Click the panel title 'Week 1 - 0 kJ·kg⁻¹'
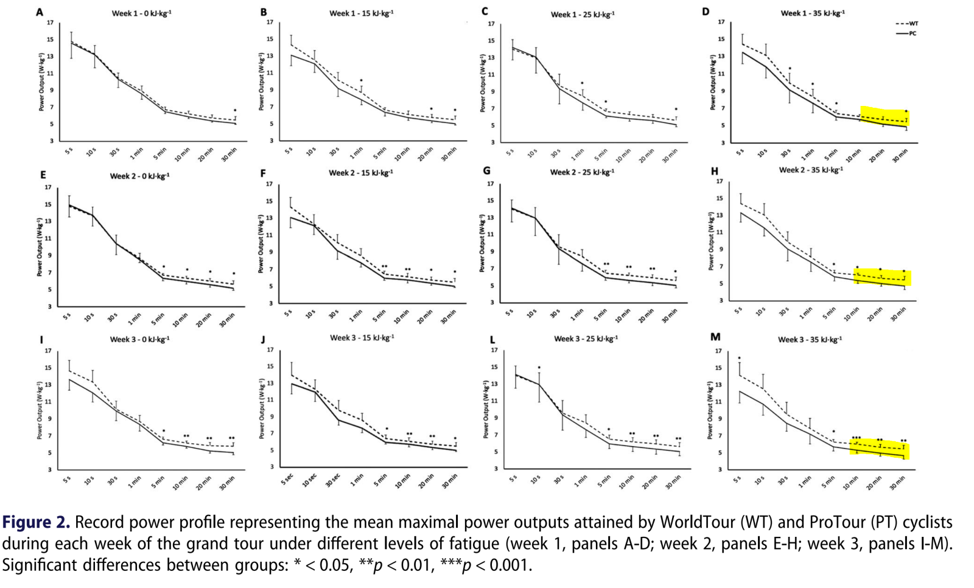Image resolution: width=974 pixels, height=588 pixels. tap(141, 13)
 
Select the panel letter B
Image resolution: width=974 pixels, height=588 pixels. tap(264, 12)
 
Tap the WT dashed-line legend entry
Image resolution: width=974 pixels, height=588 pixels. tap(906, 24)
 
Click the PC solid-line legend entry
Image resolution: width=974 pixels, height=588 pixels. tap(906, 33)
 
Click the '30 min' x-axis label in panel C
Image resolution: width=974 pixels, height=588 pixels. tap(670, 156)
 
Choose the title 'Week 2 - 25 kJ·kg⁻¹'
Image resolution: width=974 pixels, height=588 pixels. tap(582, 172)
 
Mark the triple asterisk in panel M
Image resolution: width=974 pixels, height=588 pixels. tap(856, 438)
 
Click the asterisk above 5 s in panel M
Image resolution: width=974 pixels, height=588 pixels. tap(739, 359)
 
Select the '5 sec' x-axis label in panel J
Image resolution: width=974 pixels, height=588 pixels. tap(287, 480)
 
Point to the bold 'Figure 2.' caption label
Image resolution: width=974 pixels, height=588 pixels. tap(36, 522)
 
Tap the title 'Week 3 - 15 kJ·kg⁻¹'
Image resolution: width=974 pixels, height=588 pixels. tap(362, 338)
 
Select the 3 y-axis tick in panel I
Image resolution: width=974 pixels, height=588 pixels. tap(50, 469)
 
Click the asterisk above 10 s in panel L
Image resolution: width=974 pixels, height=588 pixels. tap(539, 368)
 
